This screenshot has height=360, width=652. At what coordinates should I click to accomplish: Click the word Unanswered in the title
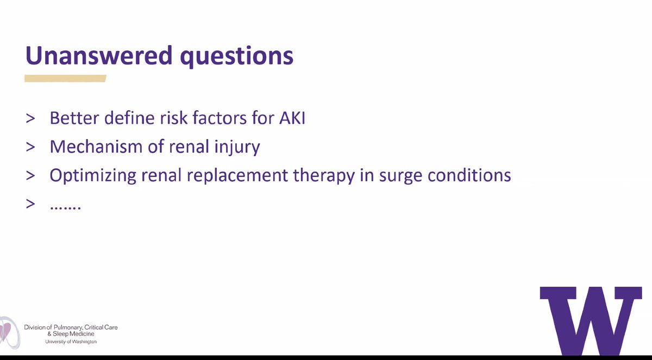tap(99, 55)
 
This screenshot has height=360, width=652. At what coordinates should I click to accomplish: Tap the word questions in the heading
tap(237, 57)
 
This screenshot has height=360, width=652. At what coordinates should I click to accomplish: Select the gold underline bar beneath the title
tap(65, 79)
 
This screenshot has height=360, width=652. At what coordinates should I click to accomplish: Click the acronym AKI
tap(292, 118)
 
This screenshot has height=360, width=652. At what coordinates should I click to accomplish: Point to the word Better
tap(74, 118)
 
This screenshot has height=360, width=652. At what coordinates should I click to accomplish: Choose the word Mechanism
tap(96, 146)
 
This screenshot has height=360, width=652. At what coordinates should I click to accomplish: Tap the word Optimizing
tap(92, 176)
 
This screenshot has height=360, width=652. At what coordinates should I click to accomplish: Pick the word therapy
tap(324, 176)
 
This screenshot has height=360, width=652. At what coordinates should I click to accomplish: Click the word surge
tap(400, 177)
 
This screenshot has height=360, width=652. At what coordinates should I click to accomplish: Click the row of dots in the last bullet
tap(66, 207)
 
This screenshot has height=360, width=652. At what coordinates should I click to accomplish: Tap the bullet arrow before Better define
tap(30, 118)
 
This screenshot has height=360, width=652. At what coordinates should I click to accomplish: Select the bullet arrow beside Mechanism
tap(30, 147)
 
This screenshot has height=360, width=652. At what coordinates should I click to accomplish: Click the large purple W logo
tap(591, 320)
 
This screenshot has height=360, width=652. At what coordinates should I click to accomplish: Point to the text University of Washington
tap(71, 342)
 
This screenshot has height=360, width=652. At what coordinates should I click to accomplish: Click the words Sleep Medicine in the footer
tap(73, 334)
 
